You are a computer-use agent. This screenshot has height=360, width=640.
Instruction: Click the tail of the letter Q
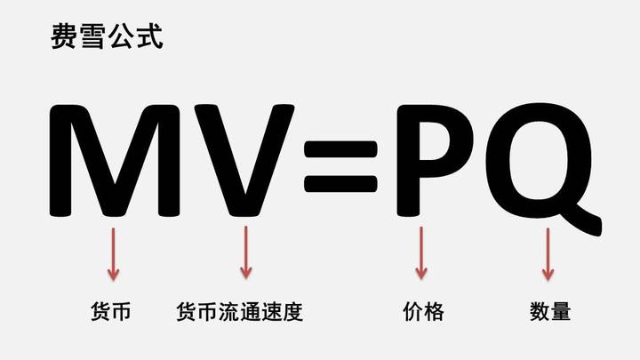click(582, 219)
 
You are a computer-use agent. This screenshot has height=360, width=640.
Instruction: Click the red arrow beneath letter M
click(113, 253)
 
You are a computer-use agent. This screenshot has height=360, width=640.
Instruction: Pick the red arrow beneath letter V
click(245, 253)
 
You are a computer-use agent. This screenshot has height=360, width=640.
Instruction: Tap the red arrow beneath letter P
click(421, 253)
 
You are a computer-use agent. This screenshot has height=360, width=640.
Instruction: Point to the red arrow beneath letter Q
click(548, 253)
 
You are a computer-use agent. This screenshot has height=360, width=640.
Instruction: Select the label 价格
click(422, 312)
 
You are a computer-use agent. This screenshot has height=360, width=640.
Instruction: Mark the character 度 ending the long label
click(292, 312)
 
